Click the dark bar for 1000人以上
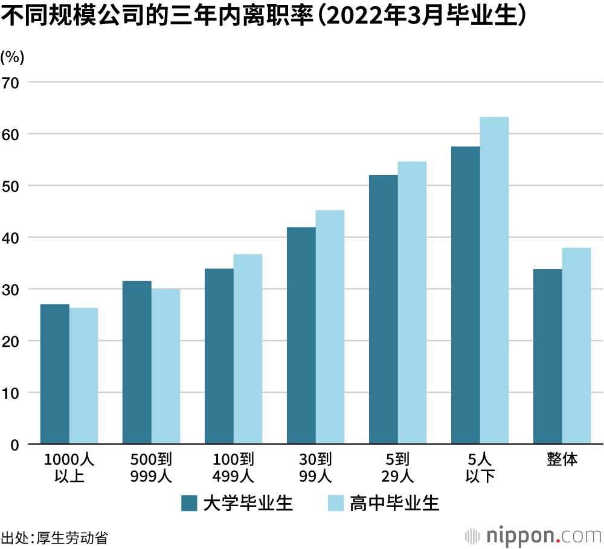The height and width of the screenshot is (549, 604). coord(55,374)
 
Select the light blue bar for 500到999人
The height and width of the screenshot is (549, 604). coord(165,367)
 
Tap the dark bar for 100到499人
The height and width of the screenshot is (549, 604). coord(219,357)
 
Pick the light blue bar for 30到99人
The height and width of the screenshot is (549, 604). coord(330,327)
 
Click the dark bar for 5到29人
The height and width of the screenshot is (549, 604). coord(384,309)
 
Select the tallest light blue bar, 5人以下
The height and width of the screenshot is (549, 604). coord(494,281)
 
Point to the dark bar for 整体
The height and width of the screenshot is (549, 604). coord(548,357)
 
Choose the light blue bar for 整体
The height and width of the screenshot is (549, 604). coord(576,346)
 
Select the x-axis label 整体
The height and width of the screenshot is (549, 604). coord(562,460)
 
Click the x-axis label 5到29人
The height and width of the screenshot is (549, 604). coord(397,468)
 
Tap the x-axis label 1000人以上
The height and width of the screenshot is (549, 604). coord(69,468)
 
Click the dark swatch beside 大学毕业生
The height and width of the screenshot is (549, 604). coord(190,503)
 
